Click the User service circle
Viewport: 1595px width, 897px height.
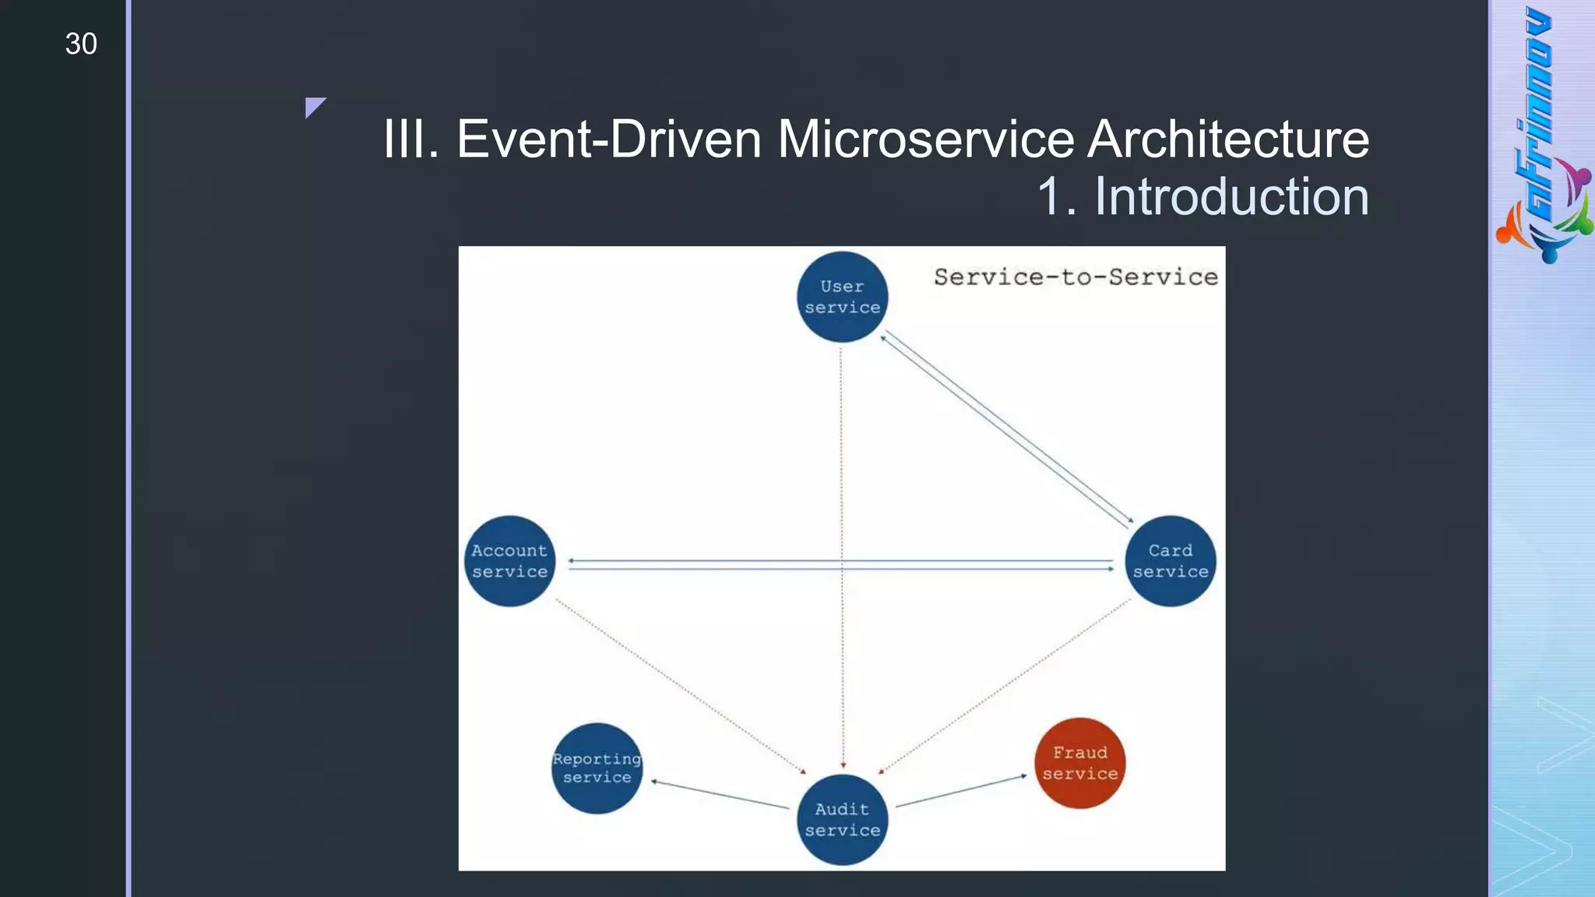click(x=842, y=297)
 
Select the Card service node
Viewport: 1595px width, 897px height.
click(x=1170, y=561)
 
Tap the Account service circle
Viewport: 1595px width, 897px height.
click(x=510, y=561)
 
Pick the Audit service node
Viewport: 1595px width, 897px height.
click(x=842, y=819)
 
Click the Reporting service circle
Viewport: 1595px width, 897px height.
click(x=597, y=768)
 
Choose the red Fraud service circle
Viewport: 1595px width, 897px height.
click(x=1079, y=763)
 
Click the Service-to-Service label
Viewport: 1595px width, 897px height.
click(x=1075, y=277)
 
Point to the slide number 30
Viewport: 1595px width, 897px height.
click(x=81, y=44)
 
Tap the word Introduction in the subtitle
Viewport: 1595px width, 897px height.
click(x=1231, y=196)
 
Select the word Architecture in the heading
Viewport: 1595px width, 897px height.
click(x=1227, y=139)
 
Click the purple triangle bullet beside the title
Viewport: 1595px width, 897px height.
click(x=314, y=106)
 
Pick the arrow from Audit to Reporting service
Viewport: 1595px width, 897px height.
click(x=720, y=794)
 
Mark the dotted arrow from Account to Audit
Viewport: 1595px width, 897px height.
click(x=680, y=686)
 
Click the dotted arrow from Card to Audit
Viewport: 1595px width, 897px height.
click(x=1005, y=686)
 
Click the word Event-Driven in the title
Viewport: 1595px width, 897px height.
click(x=608, y=139)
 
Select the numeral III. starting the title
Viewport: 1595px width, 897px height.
click(x=411, y=139)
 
